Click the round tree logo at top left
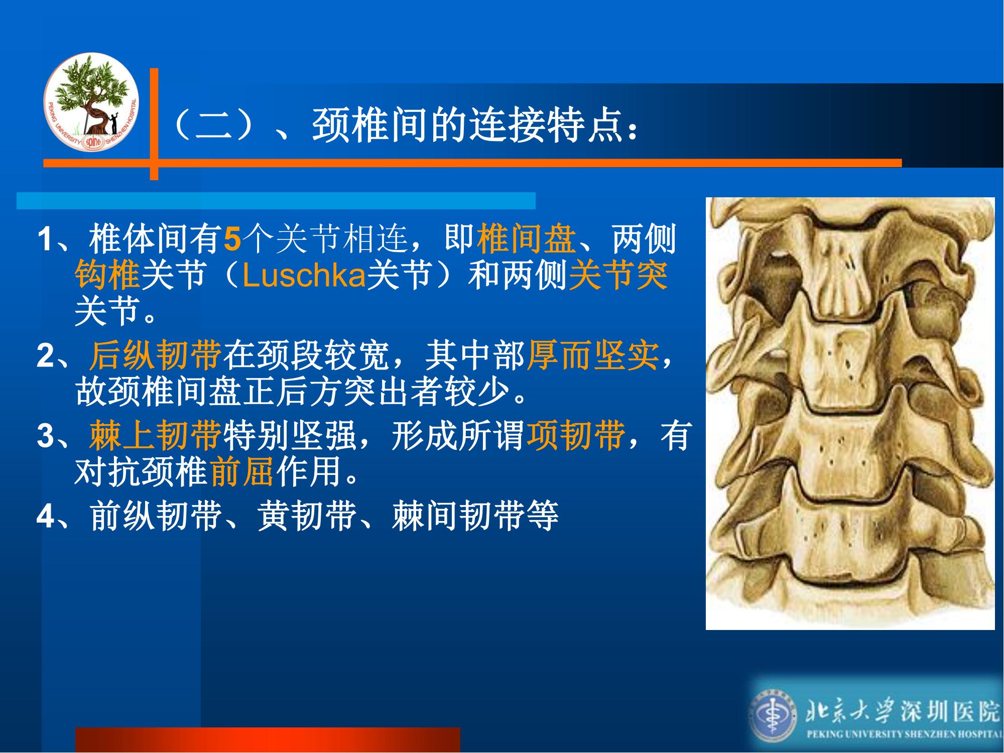91,101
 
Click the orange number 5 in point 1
232,239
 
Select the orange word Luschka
304,276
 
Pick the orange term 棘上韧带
156,435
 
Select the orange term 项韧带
576,435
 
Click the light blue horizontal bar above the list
276,200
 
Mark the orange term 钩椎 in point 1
107,276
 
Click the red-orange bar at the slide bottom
268,740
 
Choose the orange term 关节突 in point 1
618,276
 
